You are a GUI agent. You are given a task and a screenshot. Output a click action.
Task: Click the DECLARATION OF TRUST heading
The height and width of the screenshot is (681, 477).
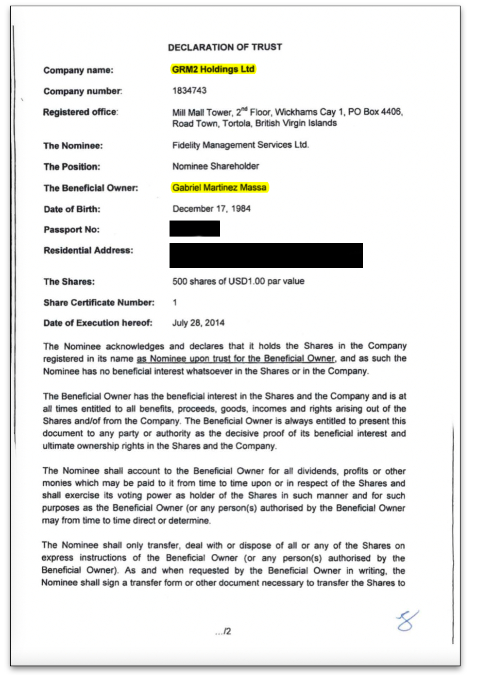(x=225, y=47)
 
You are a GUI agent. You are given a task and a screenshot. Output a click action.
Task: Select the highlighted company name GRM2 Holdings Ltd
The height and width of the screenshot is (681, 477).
(x=213, y=69)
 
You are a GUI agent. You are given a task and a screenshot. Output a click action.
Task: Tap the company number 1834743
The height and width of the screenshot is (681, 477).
(x=189, y=90)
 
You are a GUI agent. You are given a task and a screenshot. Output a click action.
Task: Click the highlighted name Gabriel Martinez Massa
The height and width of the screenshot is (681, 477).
(x=220, y=187)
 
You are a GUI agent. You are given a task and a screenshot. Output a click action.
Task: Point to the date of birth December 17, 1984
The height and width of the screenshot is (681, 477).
(x=212, y=209)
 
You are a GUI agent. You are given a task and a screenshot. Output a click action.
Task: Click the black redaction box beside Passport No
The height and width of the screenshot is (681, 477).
(x=195, y=228)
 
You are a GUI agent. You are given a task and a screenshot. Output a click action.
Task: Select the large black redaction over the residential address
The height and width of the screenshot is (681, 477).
(x=266, y=255)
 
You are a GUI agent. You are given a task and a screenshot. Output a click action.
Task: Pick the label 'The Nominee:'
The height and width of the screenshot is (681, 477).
(x=73, y=146)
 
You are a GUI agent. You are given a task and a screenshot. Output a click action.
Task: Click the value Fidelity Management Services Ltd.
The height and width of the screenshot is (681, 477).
(x=240, y=145)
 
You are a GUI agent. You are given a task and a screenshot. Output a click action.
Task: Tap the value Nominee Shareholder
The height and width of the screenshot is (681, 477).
(x=216, y=166)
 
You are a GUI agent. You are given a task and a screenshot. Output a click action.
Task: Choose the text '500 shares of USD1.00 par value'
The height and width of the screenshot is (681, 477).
(x=238, y=281)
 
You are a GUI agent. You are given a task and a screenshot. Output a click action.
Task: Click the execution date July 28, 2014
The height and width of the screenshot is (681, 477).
(x=198, y=323)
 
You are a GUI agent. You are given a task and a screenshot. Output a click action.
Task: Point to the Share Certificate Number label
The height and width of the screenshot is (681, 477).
(x=99, y=303)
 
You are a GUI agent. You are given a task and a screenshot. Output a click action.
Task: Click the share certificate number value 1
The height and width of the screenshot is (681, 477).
(x=175, y=303)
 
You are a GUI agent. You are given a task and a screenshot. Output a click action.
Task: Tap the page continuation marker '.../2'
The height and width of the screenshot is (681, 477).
(x=223, y=631)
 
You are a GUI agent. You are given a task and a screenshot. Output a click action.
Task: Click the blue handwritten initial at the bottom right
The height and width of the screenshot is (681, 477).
(x=407, y=621)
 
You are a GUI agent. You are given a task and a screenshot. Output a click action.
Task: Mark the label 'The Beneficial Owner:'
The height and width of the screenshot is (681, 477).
(x=91, y=188)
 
